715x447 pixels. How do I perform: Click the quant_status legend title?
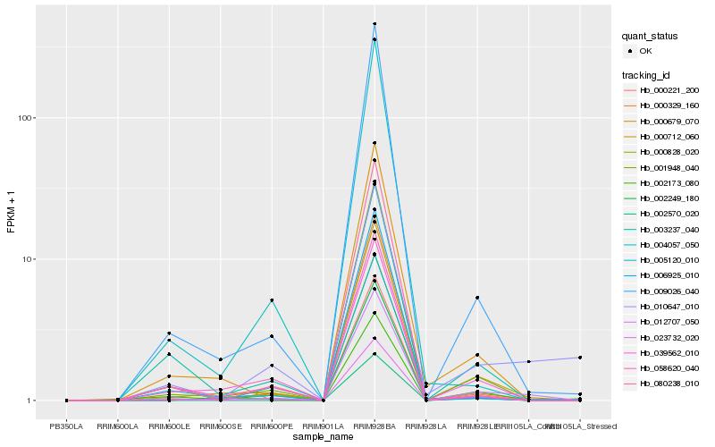coord(651,36)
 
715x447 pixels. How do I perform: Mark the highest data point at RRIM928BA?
coord(374,24)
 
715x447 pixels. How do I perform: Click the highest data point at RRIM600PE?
coord(272,300)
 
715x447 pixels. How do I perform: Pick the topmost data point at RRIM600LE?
coord(169,333)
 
